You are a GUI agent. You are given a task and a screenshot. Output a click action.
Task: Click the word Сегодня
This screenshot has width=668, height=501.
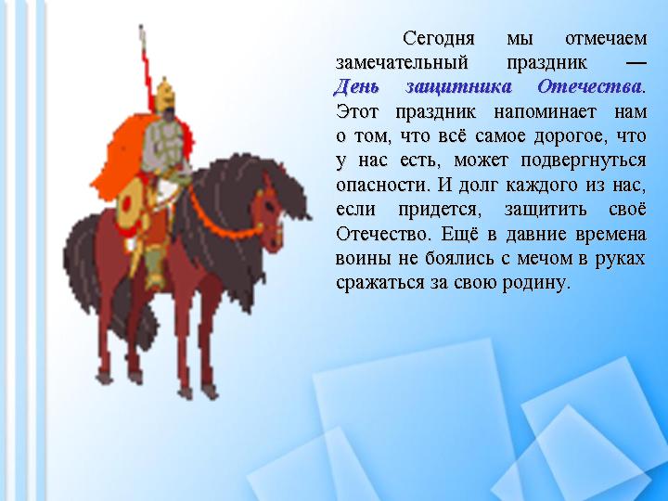(438, 39)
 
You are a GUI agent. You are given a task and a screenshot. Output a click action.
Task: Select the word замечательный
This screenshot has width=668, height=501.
(402, 63)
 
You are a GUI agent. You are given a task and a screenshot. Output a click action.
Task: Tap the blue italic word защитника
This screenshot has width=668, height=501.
(458, 87)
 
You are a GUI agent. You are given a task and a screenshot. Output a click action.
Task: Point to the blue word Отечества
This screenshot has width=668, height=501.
(589, 87)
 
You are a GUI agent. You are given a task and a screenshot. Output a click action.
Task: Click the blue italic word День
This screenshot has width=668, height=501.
(356, 87)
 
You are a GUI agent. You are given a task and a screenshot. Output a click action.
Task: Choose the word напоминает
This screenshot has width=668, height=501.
(545, 112)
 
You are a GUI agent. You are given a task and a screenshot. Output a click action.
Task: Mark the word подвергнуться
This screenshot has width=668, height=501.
(584, 161)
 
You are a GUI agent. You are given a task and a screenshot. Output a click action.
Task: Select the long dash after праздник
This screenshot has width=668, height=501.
(636, 63)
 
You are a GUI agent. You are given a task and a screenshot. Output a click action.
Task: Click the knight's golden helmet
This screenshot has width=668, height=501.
(165, 94)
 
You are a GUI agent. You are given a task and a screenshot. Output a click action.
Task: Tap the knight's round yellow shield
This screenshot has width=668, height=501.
(131, 203)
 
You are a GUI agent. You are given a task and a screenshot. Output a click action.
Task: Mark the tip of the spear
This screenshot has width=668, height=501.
(141, 26)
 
